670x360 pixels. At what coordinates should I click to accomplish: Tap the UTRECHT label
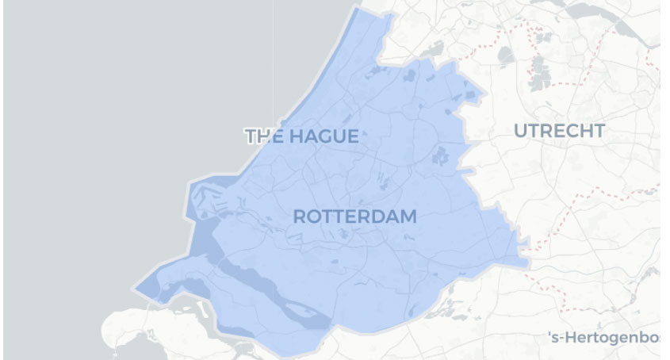[559, 131]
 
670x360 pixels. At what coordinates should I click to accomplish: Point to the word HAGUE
[324, 136]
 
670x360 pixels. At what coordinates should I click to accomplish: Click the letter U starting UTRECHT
[521, 131]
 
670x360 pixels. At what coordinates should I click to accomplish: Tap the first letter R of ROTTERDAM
[300, 216]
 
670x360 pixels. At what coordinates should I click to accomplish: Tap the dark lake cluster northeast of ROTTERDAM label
[439, 155]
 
